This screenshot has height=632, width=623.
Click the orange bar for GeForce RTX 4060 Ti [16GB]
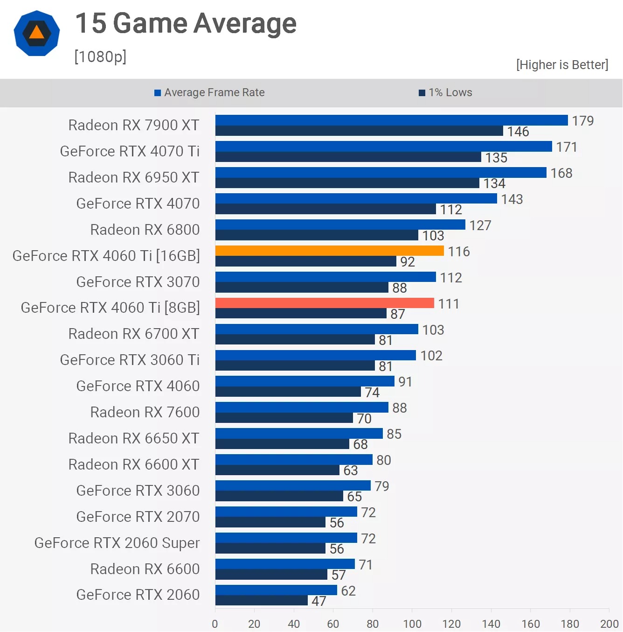point(329,251)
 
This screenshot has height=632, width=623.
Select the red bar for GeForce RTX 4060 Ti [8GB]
point(325,303)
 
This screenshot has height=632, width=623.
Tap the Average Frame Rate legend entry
point(210,92)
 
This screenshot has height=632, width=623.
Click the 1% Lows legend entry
point(446,92)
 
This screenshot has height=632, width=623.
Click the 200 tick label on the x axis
point(609,624)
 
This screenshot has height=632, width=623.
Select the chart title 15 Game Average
point(186,23)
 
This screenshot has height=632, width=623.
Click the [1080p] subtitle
point(100,56)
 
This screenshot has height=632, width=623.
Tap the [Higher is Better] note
point(562,64)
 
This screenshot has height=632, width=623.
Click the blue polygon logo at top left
point(37,33)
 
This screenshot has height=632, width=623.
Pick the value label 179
point(582,121)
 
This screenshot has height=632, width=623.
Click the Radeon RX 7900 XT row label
point(133,125)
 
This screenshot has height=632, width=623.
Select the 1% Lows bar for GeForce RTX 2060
point(261,600)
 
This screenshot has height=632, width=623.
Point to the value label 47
point(319,601)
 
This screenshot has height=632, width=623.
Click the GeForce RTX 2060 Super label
point(117,543)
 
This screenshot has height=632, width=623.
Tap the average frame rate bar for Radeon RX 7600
point(302,407)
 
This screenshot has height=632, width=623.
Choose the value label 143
point(512,199)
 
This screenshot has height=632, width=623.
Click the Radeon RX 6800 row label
point(145,230)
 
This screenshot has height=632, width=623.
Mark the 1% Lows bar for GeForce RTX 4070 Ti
point(348,157)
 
